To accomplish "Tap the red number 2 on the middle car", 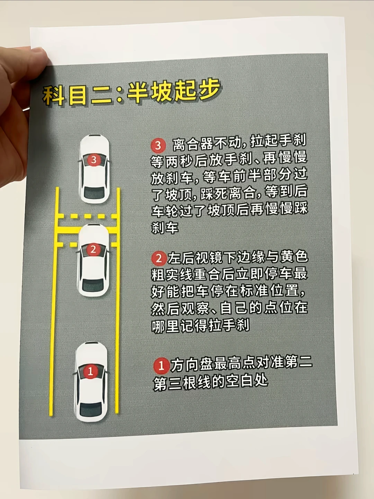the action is click(93, 249).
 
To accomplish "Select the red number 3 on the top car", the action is click(94, 160).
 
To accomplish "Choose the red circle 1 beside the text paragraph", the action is click(161, 366).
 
